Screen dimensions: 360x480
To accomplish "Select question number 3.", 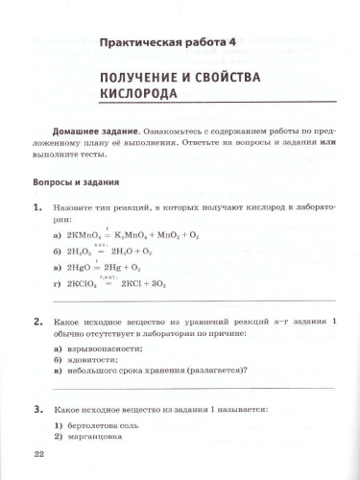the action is point(36,408).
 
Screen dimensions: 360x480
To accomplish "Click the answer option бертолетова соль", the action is point(107,424).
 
